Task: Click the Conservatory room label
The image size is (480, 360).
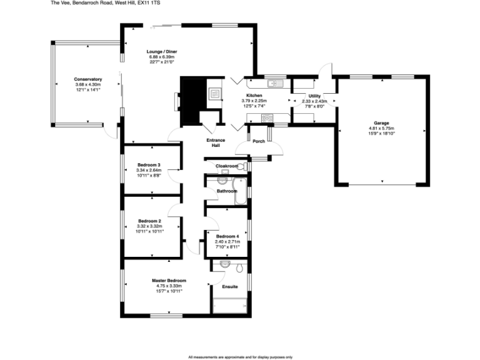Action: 87,79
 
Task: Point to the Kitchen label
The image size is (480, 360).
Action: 254,95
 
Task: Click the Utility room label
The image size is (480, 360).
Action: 314,95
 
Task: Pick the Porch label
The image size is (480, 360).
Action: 258,141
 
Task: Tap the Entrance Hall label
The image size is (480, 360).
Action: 216,142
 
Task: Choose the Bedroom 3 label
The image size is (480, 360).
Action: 149,164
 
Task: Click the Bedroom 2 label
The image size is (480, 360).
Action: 149,221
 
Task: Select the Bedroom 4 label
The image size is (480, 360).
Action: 227,236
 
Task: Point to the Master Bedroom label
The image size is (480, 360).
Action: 169,281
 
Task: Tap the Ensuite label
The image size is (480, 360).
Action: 230,286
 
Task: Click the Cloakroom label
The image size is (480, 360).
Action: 226,166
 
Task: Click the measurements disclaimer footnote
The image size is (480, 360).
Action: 240,356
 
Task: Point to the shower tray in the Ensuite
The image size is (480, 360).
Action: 229,306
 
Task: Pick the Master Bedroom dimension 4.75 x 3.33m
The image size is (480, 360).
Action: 169,286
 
